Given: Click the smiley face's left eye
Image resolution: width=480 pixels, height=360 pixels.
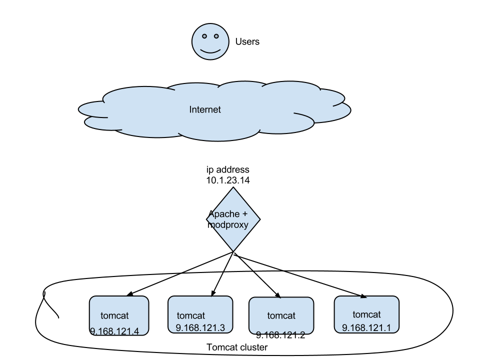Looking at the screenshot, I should click(x=204, y=36).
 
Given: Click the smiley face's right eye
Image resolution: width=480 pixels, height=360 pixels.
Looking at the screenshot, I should click(x=216, y=36).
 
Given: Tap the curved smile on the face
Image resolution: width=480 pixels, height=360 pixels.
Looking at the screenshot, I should click(x=210, y=51).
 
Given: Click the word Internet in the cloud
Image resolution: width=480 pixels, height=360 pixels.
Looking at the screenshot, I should click(x=205, y=109).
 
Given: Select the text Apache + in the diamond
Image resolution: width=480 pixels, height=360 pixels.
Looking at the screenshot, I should click(x=228, y=214).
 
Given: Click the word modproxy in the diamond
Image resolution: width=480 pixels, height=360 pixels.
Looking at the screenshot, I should click(x=228, y=225).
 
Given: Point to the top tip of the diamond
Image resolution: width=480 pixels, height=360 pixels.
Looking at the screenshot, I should click(x=233, y=188).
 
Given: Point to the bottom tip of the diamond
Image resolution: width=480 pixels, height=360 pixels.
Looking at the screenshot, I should click(x=233, y=250).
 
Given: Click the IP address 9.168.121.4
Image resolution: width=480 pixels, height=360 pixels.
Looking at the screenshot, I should click(x=114, y=331).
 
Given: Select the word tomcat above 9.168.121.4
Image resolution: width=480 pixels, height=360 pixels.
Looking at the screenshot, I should click(x=114, y=316).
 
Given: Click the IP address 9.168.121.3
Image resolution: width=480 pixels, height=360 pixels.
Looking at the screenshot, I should click(x=200, y=328).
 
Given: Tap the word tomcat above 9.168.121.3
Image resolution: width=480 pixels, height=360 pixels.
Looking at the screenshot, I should click(x=191, y=316).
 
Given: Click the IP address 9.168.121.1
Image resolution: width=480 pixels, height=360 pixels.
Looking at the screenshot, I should click(x=366, y=327).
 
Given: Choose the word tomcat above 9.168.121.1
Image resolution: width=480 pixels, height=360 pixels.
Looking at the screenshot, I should click(x=366, y=314).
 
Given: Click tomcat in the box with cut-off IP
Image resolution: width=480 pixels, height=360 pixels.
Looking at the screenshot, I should click(x=281, y=316).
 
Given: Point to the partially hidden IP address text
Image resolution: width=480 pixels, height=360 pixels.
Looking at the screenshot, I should click(x=281, y=332).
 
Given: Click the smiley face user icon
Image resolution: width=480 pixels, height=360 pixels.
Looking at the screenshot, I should click(x=210, y=41).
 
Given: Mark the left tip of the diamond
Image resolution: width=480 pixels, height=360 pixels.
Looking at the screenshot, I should click(x=207, y=218).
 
